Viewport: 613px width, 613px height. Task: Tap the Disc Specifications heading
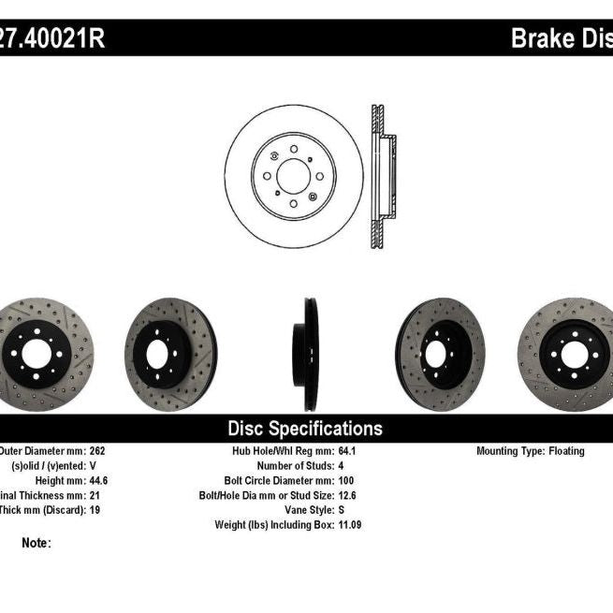305,429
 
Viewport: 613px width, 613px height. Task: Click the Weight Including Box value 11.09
350,525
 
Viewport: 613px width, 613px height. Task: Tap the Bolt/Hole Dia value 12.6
346,495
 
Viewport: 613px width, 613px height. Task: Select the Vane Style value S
340,510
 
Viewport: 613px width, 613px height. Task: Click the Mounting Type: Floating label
530,451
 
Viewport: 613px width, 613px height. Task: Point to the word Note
36,543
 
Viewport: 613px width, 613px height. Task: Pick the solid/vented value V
93,465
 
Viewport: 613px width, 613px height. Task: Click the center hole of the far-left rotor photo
36,354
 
